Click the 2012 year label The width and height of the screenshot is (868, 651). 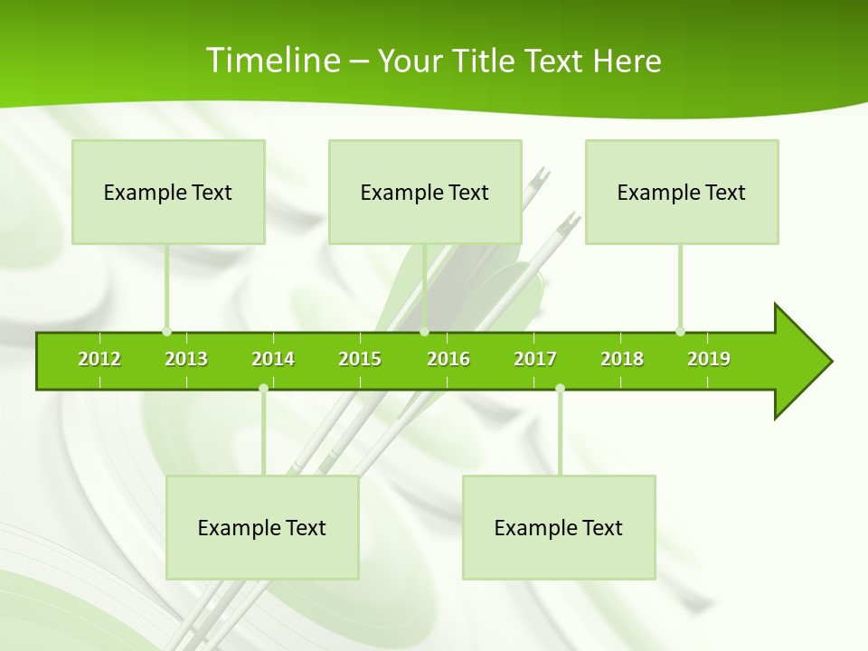(x=99, y=359)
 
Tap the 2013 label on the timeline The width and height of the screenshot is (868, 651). (x=186, y=359)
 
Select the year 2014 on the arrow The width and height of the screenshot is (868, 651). (x=273, y=359)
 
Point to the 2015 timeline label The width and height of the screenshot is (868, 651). (x=360, y=359)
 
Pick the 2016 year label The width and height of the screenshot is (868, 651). (x=448, y=359)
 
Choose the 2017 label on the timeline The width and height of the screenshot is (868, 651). (x=535, y=359)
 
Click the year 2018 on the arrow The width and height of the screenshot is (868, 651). (x=622, y=359)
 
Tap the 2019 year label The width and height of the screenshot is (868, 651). (x=709, y=359)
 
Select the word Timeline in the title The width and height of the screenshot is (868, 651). (x=272, y=61)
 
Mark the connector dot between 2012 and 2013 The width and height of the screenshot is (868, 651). (x=166, y=331)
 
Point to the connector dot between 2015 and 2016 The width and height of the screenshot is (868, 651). (x=424, y=331)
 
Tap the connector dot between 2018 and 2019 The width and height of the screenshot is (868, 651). (x=680, y=331)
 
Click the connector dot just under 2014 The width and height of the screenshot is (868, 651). (x=263, y=389)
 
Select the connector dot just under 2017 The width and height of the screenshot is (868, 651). (x=560, y=389)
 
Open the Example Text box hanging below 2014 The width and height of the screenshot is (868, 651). (x=262, y=527)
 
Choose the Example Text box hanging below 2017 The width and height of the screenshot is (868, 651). (x=559, y=527)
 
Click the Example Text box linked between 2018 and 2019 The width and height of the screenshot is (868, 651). (x=682, y=192)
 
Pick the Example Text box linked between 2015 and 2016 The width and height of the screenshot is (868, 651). (x=425, y=192)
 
